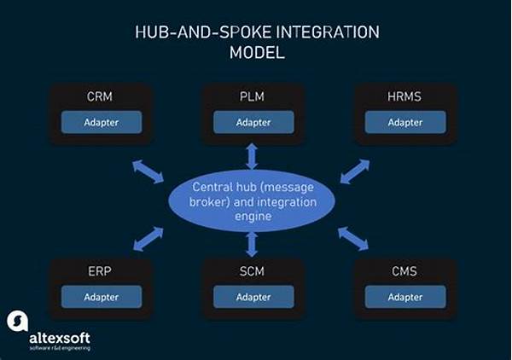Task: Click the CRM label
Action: [x=100, y=96]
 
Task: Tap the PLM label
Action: [x=252, y=96]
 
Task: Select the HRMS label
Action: [x=404, y=96]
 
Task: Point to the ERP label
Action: [x=100, y=271]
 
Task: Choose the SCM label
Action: [x=252, y=271]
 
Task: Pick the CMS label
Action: [x=404, y=271]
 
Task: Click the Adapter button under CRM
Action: [x=102, y=122]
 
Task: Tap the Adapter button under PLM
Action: [x=253, y=122]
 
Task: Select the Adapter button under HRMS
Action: [x=405, y=122]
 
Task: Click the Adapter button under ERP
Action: [x=102, y=297]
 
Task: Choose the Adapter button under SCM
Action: [x=253, y=297]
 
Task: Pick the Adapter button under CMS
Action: [x=405, y=297]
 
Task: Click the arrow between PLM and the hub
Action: [x=252, y=156]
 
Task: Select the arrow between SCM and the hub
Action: [x=252, y=244]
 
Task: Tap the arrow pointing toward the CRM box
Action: [x=148, y=171]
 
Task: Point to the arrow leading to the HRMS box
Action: [x=355, y=171]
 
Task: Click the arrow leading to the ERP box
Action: [x=148, y=239]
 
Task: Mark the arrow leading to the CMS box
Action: [x=353, y=239]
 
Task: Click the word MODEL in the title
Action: [x=258, y=53]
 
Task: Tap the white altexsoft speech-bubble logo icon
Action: [x=18, y=321]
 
